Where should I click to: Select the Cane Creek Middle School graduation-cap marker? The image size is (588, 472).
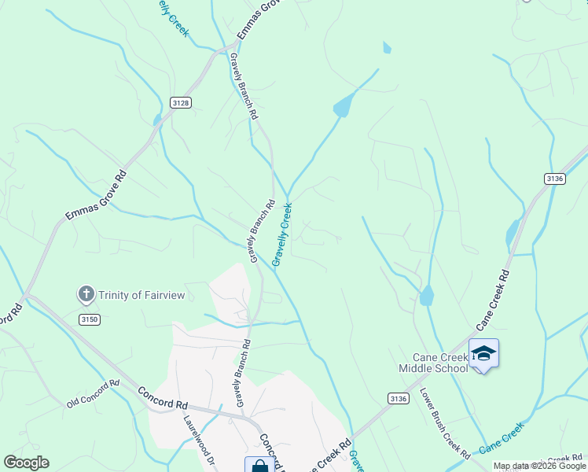(x=483, y=353)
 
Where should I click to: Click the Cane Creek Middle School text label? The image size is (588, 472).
(x=433, y=363)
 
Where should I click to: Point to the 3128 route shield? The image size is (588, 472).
(x=180, y=103)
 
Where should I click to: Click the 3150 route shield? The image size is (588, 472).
(x=90, y=319)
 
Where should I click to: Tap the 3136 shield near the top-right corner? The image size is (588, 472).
(x=555, y=179)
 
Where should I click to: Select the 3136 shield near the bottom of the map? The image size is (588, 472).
(x=399, y=400)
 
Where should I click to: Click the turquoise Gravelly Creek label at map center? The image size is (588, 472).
(x=282, y=234)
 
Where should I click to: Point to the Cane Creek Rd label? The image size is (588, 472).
(x=493, y=301)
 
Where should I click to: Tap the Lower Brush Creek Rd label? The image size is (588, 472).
(x=444, y=423)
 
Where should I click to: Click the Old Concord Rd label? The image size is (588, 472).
(x=93, y=393)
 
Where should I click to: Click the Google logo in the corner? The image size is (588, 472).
(x=26, y=463)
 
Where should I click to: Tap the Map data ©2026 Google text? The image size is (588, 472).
(x=538, y=466)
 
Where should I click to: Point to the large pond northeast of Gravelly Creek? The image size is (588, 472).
(x=344, y=105)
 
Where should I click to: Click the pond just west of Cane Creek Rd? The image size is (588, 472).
(x=513, y=231)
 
